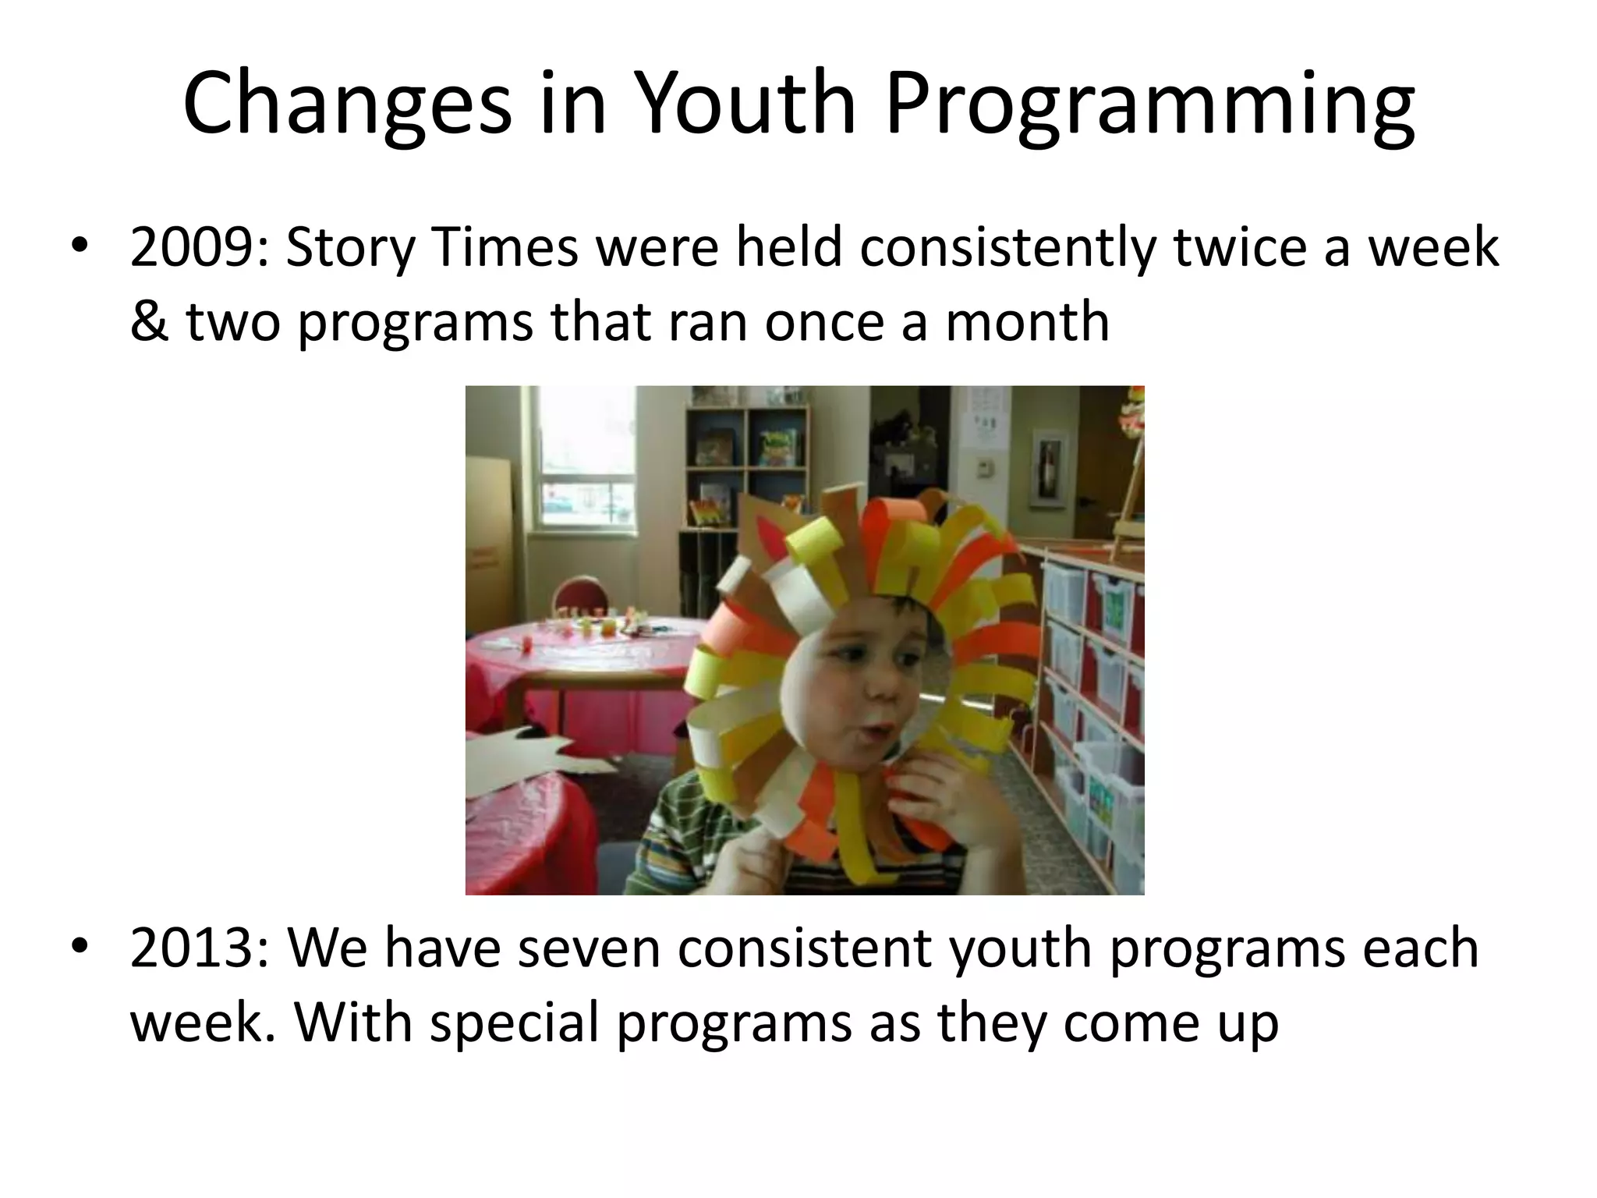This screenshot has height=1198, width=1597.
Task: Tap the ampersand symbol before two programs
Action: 147,321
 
